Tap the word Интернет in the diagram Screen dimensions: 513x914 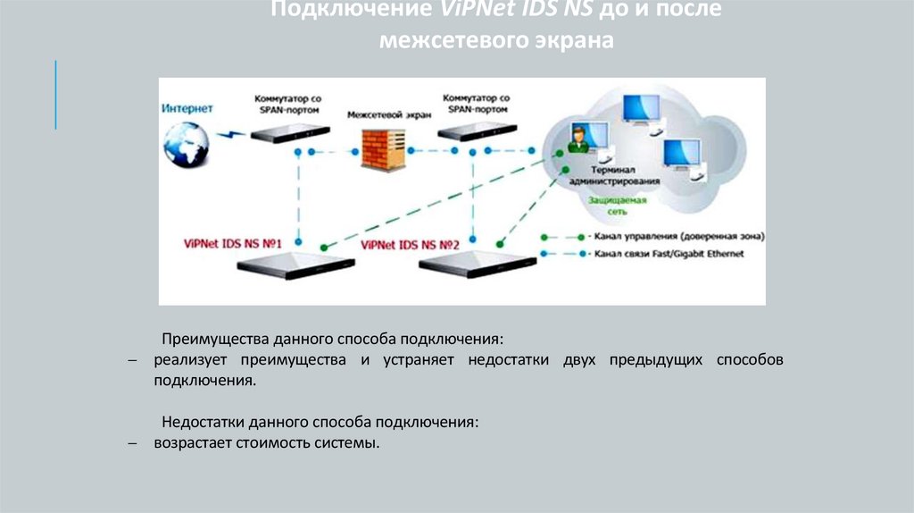tap(187, 108)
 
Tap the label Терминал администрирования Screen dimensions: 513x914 tap(624, 174)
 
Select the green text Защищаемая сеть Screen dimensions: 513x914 tap(617, 206)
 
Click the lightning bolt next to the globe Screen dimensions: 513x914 tap(230, 135)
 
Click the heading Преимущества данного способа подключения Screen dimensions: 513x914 tap(332, 340)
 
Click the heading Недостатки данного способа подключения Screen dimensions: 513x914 tap(320, 421)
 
